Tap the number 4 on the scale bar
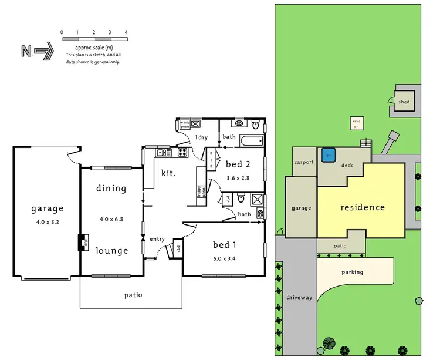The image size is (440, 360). pos(126,32)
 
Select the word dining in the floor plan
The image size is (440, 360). pos(111,189)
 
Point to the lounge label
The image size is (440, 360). pos(111,251)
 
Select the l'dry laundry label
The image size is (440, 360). pos(202,137)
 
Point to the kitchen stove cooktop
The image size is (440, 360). pos(182,153)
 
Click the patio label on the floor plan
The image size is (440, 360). pos(133,295)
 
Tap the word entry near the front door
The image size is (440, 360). pos(158,239)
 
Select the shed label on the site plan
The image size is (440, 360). pos(404,102)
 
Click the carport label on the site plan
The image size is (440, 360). pos(304,162)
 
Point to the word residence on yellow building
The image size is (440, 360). pos(363,207)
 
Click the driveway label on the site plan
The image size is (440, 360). pos(299,297)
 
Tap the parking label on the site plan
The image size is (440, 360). pos(353,272)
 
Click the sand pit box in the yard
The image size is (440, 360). pos(356,123)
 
